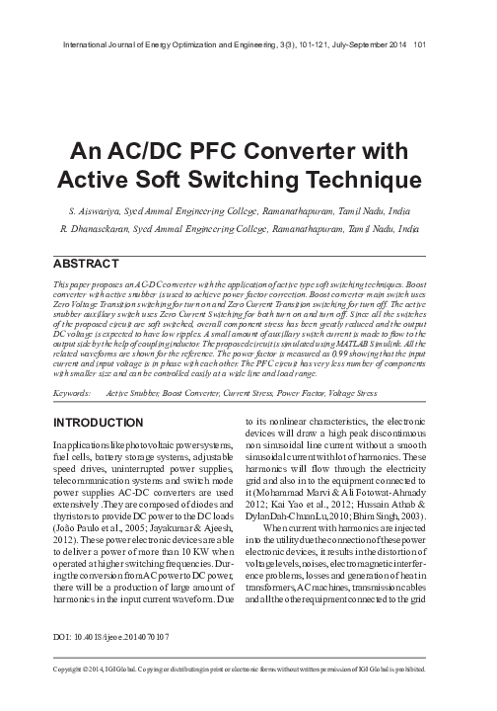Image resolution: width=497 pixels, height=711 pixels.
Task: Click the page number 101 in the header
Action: point(420,43)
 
